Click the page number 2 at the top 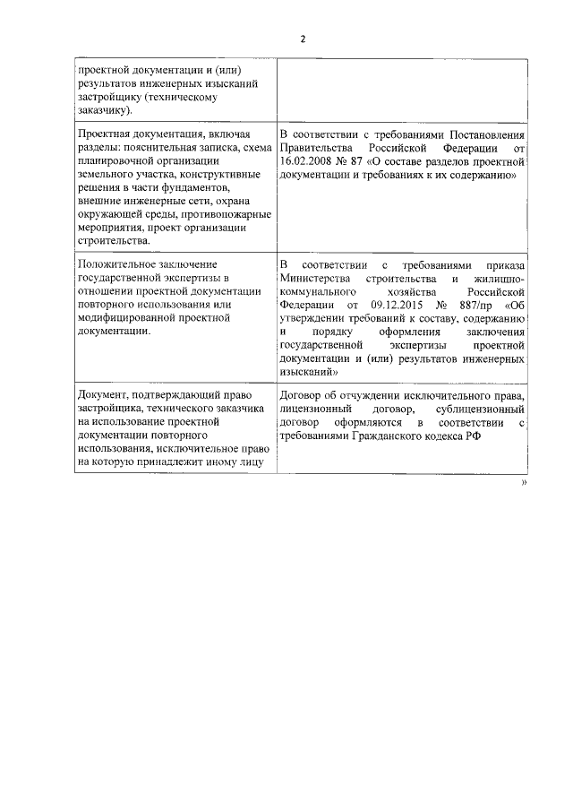tap(303, 39)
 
